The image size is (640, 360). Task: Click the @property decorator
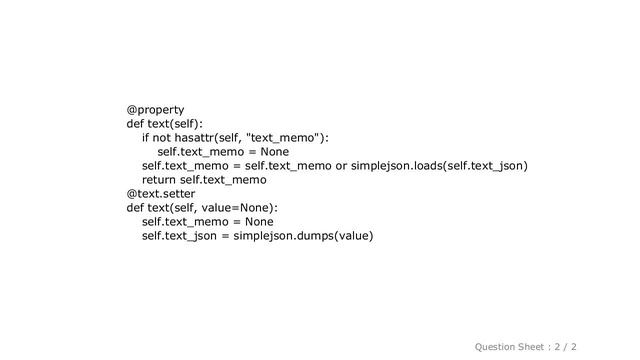point(155,109)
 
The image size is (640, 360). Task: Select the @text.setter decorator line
point(160,193)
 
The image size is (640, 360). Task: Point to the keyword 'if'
point(147,137)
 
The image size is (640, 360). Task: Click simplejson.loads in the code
point(398,165)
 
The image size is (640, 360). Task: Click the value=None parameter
point(236,207)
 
